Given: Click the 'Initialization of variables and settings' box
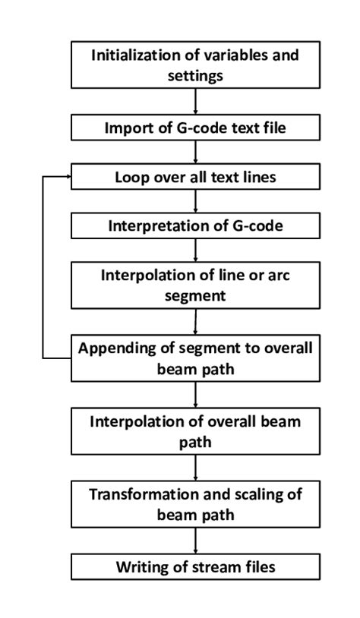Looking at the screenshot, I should coord(196,65).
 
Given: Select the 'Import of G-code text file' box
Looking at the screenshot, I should coord(196,127).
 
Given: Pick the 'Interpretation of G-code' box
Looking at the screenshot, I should coord(196,225).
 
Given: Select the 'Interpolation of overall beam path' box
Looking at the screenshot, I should coord(196,430).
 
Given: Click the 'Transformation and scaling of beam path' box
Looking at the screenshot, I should coord(196,504).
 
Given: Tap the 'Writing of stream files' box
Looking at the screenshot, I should coord(196,566).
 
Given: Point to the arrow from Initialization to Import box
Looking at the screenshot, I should coord(196,101).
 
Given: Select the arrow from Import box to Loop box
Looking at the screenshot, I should coord(196,152).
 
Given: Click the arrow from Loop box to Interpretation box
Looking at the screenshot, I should coord(196,201).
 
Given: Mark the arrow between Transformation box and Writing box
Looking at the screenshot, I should coord(196,541).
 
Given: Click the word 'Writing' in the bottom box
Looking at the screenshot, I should coord(141,566).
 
